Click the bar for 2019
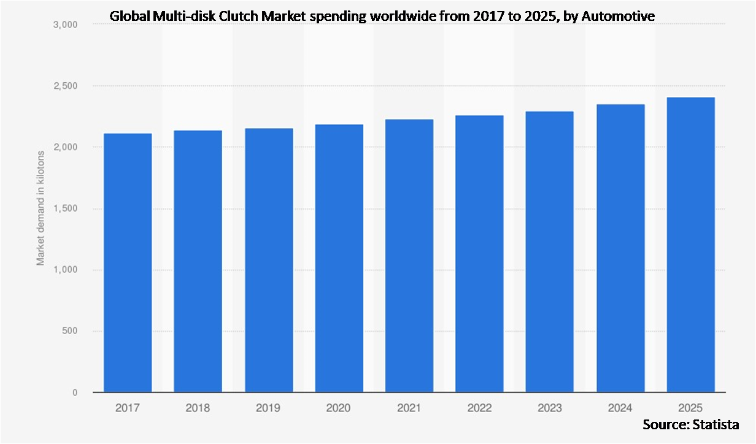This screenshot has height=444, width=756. pyautogui.click(x=269, y=260)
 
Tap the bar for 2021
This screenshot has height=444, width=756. pyautogui.click(x=409, y=256)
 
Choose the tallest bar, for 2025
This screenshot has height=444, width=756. pyautogui.click(x=691, y=245)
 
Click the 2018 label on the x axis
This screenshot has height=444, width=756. pyautogui.click(x=198, y=408)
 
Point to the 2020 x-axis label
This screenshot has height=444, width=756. pyautogui.click(x=339, y=408)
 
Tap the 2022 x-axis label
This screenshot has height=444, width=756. pyautogui.click(x=479, y=408)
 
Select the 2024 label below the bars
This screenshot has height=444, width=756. pyautogui.click(x=620, y=408)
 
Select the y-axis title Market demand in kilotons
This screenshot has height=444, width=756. pyautogui.click(x=40, y=208)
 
